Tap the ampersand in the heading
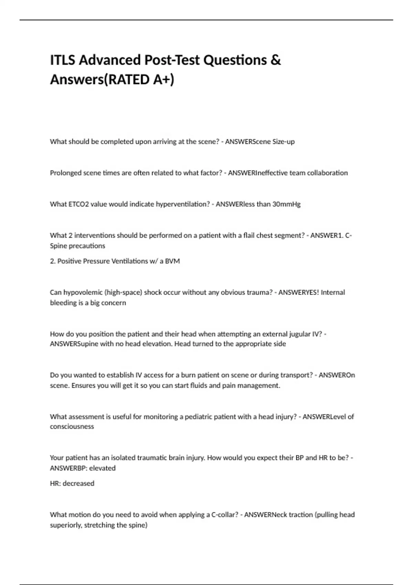[276, 60]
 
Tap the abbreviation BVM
[172, 261]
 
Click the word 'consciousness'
[72, 427]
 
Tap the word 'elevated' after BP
[102, 468]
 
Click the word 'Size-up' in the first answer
[284, 142]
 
